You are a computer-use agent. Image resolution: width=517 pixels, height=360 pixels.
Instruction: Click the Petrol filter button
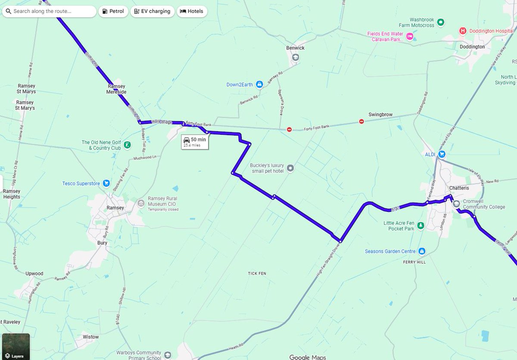[113, 11]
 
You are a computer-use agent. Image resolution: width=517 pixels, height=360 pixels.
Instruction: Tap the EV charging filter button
[152, 11]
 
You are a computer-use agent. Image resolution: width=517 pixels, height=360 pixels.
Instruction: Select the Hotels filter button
[192, 11]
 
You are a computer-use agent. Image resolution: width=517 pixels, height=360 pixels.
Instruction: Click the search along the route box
[50, 11]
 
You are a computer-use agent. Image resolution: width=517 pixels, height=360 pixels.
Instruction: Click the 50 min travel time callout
[195, 142]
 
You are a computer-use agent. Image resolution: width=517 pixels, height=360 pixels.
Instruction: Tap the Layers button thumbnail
[16, 346]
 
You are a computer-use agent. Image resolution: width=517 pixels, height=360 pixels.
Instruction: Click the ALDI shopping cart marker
[442, 154]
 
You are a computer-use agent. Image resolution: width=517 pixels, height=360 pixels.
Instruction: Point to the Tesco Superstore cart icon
[106, 183]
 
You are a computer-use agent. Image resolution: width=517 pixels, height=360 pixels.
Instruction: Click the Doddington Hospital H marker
[463, 31]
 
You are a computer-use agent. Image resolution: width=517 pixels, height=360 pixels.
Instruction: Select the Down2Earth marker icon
[259, 84]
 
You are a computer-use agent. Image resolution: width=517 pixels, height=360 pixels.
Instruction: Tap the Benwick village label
[295, 48]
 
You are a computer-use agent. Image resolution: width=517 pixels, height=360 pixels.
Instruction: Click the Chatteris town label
[458, 188]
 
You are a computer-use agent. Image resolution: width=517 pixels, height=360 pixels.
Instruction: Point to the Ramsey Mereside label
[116, 89]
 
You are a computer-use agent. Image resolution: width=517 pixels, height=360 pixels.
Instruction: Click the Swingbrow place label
[380, 115]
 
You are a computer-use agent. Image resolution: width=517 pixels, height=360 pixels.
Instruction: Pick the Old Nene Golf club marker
[127, 145]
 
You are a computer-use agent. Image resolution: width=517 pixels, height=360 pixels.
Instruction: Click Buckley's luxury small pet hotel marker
[290, 168]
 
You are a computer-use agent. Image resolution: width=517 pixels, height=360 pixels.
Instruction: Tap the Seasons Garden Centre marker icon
[422, 251]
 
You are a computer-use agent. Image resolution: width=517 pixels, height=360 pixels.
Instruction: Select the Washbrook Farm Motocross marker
[440, 22]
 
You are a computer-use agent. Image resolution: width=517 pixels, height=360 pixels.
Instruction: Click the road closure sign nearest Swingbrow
[361, 121]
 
